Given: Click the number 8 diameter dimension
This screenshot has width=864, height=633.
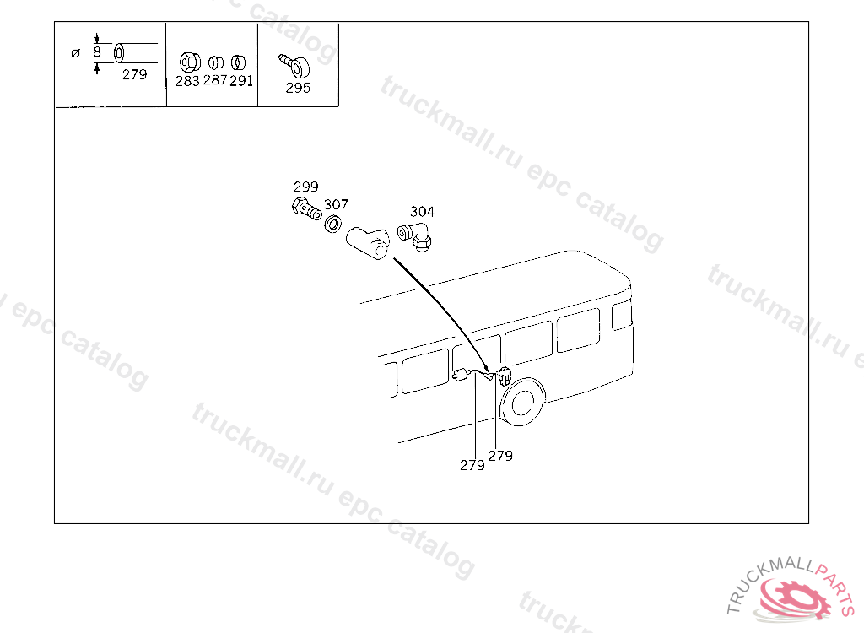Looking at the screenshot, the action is [97, 52].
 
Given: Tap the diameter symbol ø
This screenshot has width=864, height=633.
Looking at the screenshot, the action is [75, 53].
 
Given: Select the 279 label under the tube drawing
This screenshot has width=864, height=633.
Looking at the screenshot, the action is [134, 74].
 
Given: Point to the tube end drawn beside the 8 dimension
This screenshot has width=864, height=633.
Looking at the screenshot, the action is [121, 52].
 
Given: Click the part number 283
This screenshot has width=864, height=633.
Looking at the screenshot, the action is [187, 82].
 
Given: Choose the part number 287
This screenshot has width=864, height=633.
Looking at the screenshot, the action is [215, 82].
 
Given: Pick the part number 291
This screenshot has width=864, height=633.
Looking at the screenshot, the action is [241, 82].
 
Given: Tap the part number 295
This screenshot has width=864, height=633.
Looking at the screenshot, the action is [298, 88].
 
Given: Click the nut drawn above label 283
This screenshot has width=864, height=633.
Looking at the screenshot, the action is [188, 62].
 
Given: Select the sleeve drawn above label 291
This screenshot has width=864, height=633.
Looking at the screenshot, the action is [240, 62].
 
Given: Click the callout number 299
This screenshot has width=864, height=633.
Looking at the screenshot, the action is [305, 187].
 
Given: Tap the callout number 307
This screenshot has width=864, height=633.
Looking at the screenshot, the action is [336, 205].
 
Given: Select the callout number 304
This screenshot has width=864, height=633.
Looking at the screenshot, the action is [422, 212].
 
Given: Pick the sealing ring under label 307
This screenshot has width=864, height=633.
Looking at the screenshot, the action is [333, 225].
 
